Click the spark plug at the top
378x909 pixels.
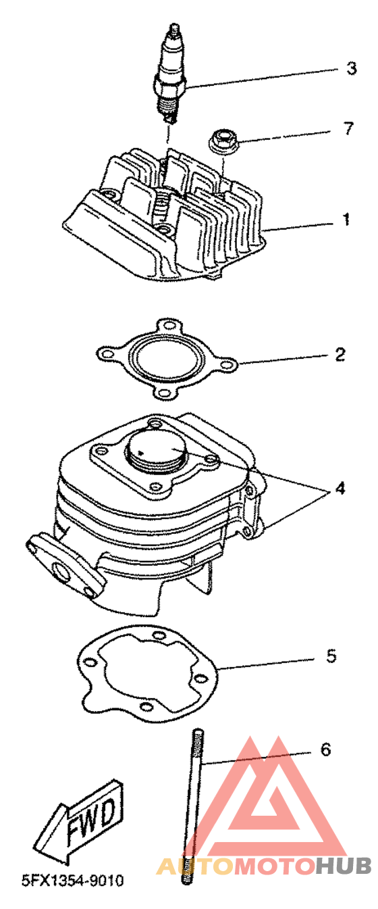pos(170,74)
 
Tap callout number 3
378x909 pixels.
pos(351,68)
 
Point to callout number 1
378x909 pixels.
pos(346,220)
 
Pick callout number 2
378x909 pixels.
pos(340,354)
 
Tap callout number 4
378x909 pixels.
pos(340,488)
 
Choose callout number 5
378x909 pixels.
pos(331,656)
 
